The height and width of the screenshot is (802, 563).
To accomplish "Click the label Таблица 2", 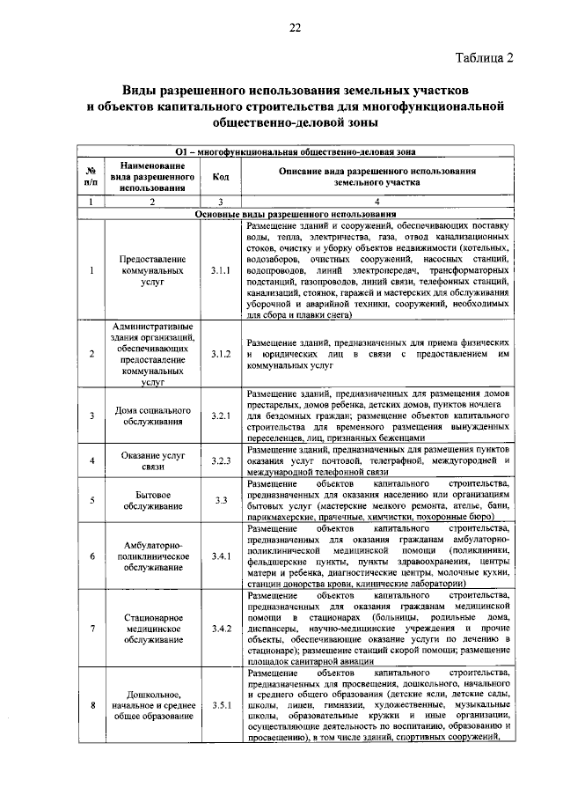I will [x=483, y=58].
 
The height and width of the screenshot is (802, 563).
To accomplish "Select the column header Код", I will [x=221, y=176].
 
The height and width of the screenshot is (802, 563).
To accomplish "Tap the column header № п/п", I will [x=91, y=176].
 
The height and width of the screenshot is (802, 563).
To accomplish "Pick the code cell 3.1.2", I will [x=221, y=354].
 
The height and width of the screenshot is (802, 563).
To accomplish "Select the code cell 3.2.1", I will [x=221, y=416].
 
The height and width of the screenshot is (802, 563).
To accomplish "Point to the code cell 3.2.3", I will [x=221, y=460].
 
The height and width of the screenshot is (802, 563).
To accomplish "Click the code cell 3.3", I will [x=221, y=501].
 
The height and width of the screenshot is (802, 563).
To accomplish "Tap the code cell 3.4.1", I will [x=221, y=556].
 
